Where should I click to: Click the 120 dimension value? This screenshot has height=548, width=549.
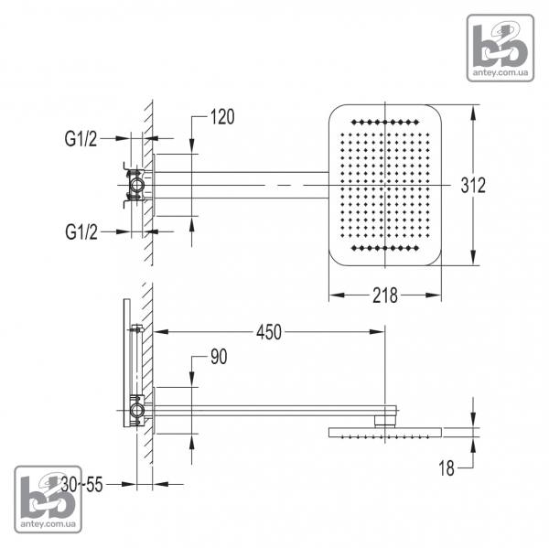tap(222, 117)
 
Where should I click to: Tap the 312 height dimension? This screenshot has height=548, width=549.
tap(472, 186)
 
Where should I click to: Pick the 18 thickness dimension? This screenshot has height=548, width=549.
tap(447, 468)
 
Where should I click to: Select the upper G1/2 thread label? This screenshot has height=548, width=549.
tap(81, 139)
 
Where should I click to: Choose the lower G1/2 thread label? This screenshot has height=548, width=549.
tap(81, 233)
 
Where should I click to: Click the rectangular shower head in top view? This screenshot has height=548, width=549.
tap(385, 185)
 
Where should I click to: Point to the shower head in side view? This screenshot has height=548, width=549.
tap(384, 431)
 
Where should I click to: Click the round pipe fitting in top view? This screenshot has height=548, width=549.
tap(136, 186)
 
